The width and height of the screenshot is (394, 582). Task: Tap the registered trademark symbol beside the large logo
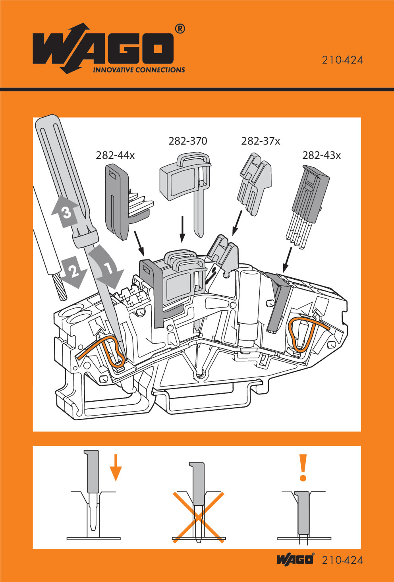click(x=180, y=29)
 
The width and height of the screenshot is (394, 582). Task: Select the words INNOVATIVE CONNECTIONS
click(x=139, y=70)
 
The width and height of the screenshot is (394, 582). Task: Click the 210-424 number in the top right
click(x=342, y=60)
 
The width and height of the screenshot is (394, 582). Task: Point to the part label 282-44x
click(x=115, y=155)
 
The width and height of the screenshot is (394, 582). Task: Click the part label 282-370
click(x=187, y=141)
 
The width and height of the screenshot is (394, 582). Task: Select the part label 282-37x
click(x=261, y=141)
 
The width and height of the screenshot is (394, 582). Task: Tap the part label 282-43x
click(x=321, y=155)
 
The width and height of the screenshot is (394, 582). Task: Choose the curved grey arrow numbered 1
click(x=106, y=267)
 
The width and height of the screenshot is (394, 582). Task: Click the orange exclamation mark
click(x=303, y=468)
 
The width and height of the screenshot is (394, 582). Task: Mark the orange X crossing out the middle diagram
click(x=198, y=516)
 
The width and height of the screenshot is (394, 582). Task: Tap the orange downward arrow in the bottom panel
click(x=115, y=468)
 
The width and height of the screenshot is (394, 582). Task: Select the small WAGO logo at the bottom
click(x=295, y=559)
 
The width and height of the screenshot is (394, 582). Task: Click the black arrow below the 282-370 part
click(x=182, y=229)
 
